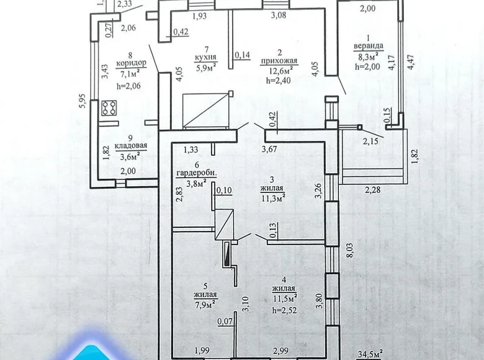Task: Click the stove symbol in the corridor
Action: tap(110, 107)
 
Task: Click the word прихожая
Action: tap(280, 60)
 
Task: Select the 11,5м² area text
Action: tap(284, 297)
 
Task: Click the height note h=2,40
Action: tap(278, 79)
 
